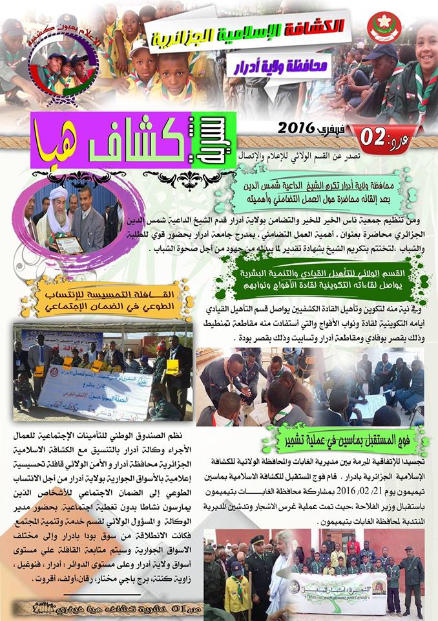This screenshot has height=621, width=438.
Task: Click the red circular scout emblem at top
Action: (x=384, y=27)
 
